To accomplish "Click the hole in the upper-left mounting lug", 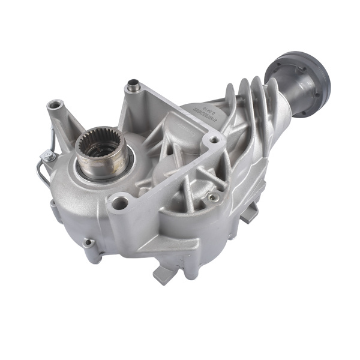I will coord(56,106).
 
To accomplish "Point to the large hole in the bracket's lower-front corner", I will coord(119,203).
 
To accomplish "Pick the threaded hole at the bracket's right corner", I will coord(214,140).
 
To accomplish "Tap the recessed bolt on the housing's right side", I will coord(212,197).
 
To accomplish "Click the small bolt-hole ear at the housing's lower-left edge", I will coord(89,243).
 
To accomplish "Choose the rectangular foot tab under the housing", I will coord(163,274).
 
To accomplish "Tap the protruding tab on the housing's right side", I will coord(248,212).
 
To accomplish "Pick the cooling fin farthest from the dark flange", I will coord(230,99).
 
